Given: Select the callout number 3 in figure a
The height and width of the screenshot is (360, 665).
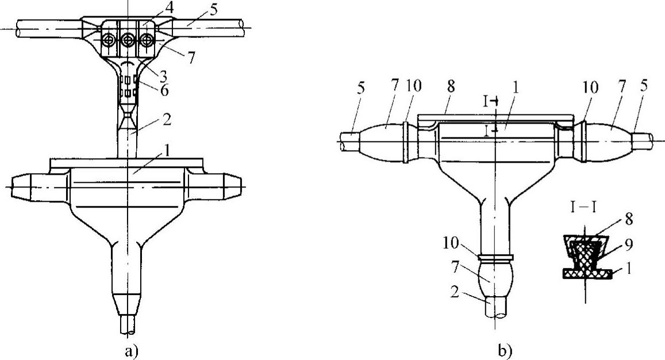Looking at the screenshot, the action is click(163, 76).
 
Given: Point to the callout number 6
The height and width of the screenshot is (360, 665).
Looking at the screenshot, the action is click(164, 90).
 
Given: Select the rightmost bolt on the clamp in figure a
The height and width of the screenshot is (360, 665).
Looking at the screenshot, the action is click(147, 40).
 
